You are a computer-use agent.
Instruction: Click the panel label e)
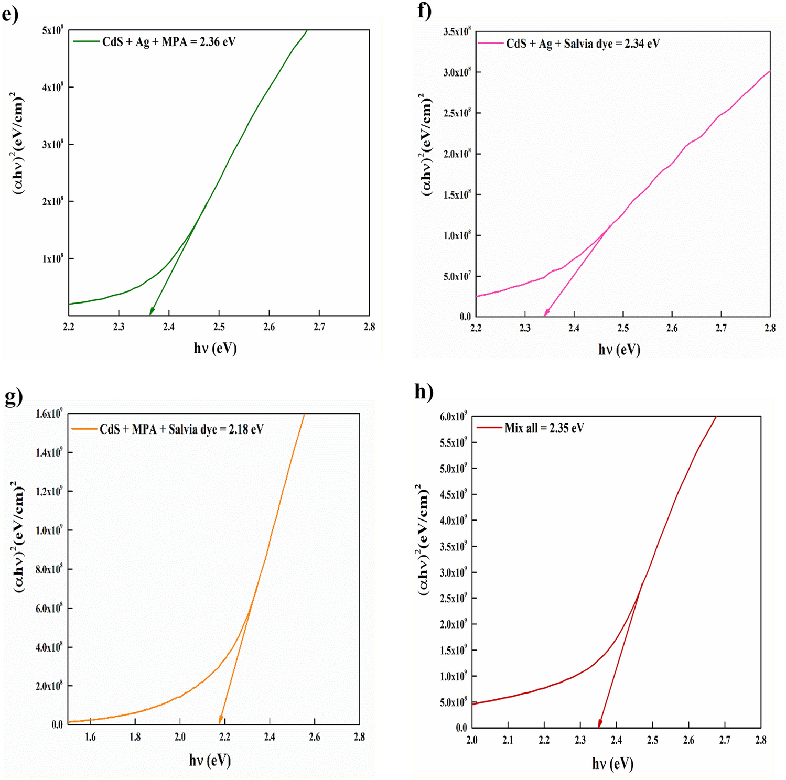click(10, 14)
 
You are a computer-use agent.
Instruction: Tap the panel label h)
click(424, 392)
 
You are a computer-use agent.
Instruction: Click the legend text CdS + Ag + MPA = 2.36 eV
click(168, 42)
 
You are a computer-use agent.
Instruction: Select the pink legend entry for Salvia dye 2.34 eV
click(582, 44)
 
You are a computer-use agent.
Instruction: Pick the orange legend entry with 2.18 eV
click(181, 429)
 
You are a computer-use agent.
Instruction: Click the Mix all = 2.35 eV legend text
click(544, 428)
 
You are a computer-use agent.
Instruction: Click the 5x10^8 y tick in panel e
click(52, 30)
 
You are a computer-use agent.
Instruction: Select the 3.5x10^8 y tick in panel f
click(457, 32)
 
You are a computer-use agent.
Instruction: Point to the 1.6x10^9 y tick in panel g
click(49, 414)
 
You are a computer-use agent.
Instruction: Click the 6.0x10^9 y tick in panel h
click(453, 417)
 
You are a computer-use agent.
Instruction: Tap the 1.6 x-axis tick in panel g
click(90, 737)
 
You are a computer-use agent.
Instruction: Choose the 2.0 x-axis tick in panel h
click(472, 740)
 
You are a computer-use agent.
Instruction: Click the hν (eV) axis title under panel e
click(215, 348)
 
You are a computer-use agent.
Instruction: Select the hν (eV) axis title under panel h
click(612, 763)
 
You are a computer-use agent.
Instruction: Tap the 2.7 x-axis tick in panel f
click(721, 328)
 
